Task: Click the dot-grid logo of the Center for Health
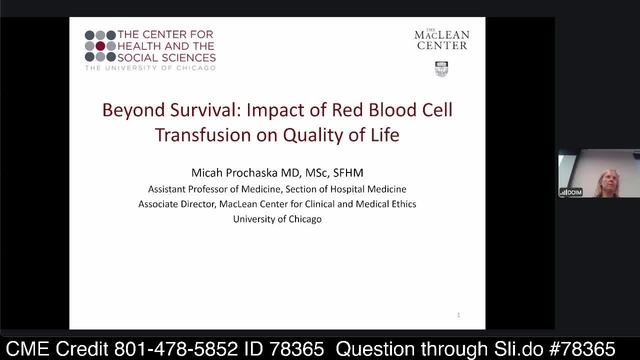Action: [x=103, y=46]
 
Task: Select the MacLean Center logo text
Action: [x=441, y=40]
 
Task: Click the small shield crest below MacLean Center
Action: [x=441, y=69]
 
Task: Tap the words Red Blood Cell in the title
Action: [x=402, y=111]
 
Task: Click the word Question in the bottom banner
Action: [x=371, y=345]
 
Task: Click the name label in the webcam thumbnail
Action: [x=572, y=189]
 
